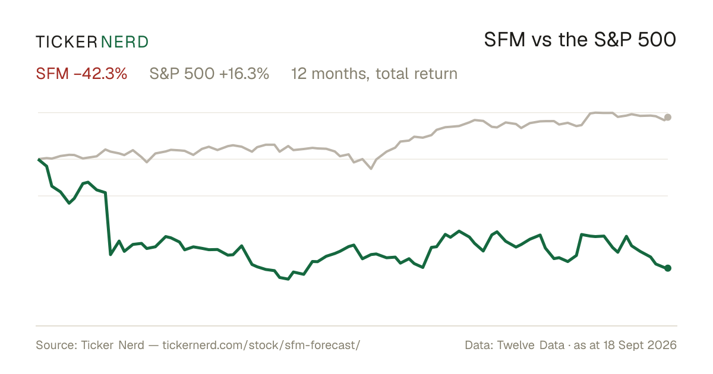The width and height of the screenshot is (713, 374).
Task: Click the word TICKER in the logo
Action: pos(66,42)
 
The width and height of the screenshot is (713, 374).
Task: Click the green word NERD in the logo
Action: pos(125,42)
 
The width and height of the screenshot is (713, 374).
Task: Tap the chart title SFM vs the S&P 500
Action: pos(580,40)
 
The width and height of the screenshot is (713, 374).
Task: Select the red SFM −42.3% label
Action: pos(81,74)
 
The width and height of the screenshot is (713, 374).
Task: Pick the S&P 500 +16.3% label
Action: pos(209,74)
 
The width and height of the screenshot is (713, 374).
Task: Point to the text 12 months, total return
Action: pos(374,74)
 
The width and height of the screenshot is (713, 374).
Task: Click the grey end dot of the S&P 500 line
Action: pos(668,118)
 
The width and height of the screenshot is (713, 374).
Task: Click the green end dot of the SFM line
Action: pos(668,268)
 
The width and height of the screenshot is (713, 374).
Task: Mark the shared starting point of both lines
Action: pos(39,159)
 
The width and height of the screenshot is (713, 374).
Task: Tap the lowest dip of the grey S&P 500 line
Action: pos(371,169)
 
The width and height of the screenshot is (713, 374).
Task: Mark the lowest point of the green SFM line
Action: pos(288,279)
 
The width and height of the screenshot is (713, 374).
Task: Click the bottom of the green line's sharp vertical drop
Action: pos(111,255)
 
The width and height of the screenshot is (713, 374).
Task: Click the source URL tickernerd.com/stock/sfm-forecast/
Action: pos(261,345)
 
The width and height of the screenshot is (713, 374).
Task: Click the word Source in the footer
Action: pos(55,345)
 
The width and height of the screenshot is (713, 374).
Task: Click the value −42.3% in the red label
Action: pos(100,74)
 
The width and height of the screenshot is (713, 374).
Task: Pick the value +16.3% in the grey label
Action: pos(244,74)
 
